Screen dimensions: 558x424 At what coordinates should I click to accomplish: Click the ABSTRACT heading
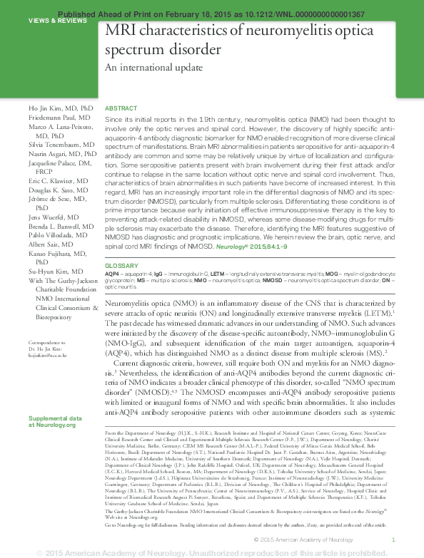(121, 108)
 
